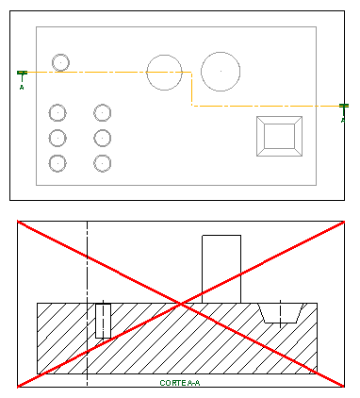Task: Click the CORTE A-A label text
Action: point(180,383)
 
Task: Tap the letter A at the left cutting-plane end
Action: point(22,87)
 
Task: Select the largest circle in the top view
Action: point(221,72)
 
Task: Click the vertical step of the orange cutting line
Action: point(191,90)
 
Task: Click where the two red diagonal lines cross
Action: point(181,304)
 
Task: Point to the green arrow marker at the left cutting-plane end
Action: point(22,74)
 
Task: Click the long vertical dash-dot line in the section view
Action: point(87,304)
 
